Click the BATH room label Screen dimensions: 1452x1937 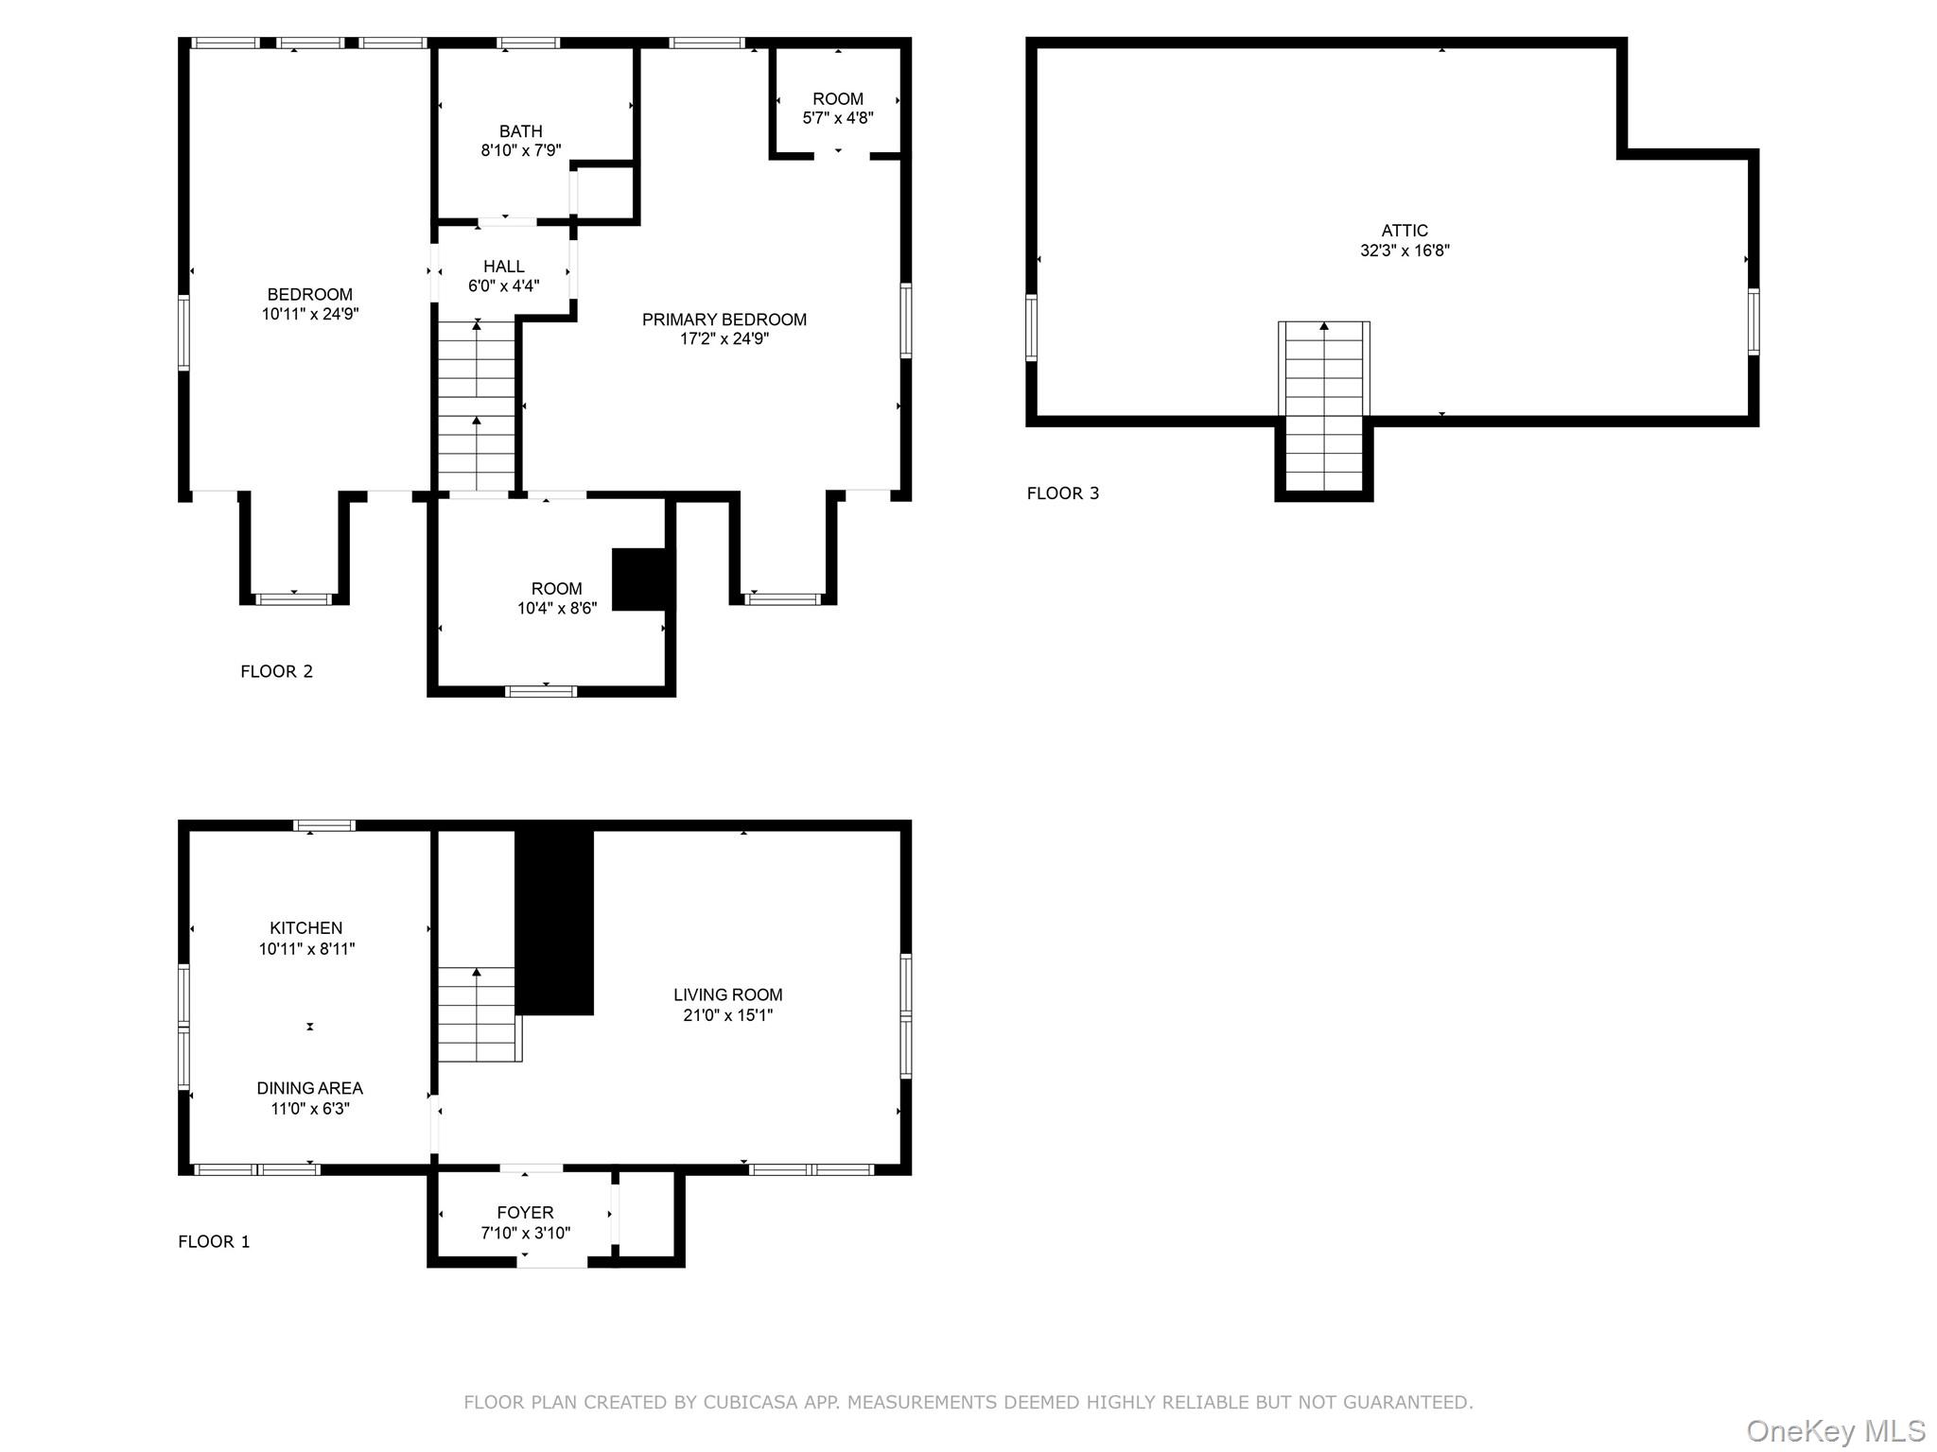coord(520,131)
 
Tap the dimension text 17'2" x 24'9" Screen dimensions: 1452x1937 coord(724,339)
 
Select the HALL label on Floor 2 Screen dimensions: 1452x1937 coord(503,267)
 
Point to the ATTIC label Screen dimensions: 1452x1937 coord(1404,231)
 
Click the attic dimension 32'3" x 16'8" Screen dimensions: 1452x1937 coord(1404,251)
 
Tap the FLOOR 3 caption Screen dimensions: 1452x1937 coord(1062,493)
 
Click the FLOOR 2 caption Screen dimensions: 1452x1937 coord(276,672)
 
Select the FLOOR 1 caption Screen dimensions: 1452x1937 coord(214,1242)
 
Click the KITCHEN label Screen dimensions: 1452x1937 coord(305,928)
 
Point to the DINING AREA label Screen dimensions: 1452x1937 coord(309,1089)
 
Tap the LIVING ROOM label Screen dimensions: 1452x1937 coord(727,995)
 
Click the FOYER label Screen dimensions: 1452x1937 coord(525,1213)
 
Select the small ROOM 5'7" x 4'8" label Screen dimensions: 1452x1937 coord(837,99)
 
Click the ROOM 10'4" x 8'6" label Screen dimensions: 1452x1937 coord(556,589)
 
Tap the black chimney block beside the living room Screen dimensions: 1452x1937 coord(554,922)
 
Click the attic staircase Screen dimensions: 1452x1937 coord(1323,406)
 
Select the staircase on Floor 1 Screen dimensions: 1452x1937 coord(478,1015)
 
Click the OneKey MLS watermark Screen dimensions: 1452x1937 coord(1835,1431)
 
